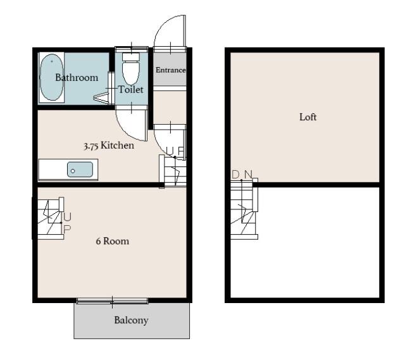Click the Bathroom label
click(x=77, y=77)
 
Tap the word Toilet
click(x=131, y=90)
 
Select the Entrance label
click(x=170, y=70)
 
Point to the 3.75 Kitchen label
click(x=109, y=146)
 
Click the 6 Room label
click(x=113, y=241)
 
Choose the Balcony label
click(x=131, y=320)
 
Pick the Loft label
click(x=308, y=117)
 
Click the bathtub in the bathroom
click(x=51, y=77)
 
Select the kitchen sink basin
click(x=80, y=170)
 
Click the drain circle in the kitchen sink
click(x=73, y=171)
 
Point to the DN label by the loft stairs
click(x=242, y=175)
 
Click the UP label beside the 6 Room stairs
click(x=67, y=223)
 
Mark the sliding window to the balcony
click(x=113, y=301)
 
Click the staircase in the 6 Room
click(x=49, y=218)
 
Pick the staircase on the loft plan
click(x=244, y=209)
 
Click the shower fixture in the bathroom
click(x=101, y=99)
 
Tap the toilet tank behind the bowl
click(x=131, y=57)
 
